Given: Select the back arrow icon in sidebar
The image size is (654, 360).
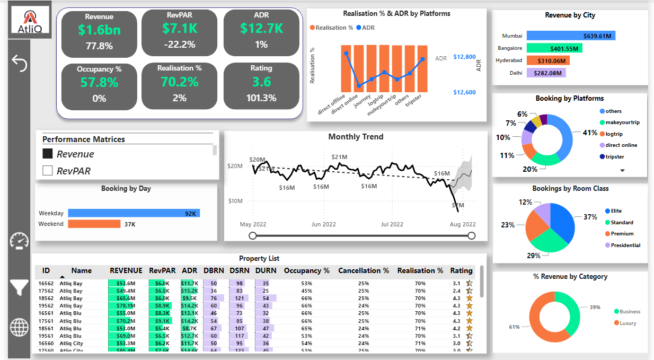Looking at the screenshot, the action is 19,63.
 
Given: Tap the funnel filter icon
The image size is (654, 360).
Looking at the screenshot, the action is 19,287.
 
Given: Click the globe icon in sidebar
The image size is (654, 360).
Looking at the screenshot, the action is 19,327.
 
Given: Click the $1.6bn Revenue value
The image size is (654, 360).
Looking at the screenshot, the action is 99,30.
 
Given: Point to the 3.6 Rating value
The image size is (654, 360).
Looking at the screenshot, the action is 261,82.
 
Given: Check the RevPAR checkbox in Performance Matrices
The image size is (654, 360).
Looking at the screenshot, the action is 48,171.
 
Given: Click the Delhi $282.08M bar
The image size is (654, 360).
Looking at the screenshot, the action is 546,73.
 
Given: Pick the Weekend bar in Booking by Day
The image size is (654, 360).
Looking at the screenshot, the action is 94,224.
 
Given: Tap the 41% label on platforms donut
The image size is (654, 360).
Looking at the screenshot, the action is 590,133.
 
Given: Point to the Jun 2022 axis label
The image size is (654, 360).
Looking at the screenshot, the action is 323,224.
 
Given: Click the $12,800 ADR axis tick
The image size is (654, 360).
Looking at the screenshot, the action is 465,57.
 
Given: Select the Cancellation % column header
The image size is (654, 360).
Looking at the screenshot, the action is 363,270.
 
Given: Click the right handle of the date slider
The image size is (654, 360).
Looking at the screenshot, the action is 472,235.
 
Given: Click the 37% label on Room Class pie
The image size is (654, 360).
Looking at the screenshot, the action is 590,217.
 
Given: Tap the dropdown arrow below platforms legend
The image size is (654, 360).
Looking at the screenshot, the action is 623,170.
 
